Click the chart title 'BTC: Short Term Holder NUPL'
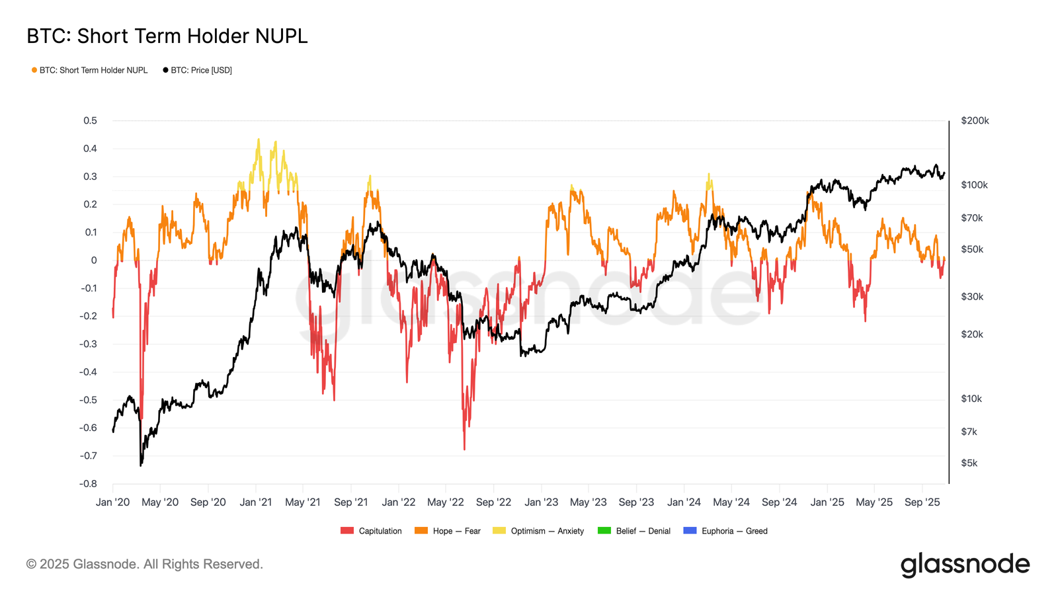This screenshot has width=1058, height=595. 167,36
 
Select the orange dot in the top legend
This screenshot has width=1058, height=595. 34,70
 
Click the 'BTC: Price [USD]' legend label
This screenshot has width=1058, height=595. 201,70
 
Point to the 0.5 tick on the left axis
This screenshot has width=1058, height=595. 91,120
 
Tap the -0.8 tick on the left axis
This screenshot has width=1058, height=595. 89,483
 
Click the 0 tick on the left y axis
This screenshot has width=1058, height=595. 94,260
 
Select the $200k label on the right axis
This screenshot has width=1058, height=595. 975,120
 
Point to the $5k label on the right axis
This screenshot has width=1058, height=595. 969,463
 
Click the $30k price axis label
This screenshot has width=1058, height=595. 971,296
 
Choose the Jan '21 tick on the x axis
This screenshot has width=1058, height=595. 255,502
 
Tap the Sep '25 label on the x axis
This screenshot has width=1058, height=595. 922,502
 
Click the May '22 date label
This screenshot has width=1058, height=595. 446,502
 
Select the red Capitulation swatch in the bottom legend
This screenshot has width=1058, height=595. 347,531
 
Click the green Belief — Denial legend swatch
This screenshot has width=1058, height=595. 604,531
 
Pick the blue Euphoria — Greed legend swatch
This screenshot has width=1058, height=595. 690,531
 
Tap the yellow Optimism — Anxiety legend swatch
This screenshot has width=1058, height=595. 499,531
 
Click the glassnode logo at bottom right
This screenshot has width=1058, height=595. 965,565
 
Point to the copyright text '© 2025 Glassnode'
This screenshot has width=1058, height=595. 144,564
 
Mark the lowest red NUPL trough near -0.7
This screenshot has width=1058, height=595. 464,449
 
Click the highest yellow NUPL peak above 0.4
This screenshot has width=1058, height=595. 259,139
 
